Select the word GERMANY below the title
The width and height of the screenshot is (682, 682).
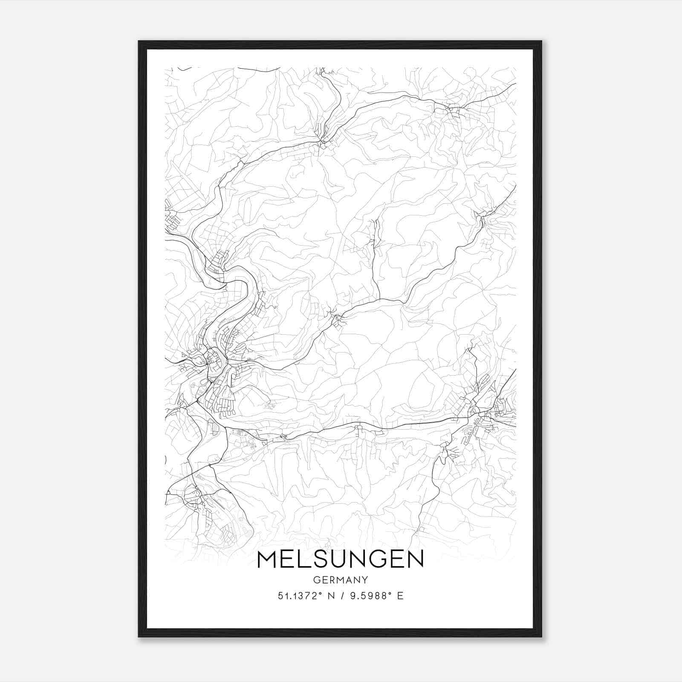tap(340, 580)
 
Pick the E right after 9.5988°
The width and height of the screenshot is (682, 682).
tap(400, 596)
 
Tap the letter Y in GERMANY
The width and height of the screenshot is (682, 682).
tap(365, 580)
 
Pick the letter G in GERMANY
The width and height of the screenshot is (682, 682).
tap(316, 580)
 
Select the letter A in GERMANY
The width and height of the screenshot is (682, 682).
tap(348, 580)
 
